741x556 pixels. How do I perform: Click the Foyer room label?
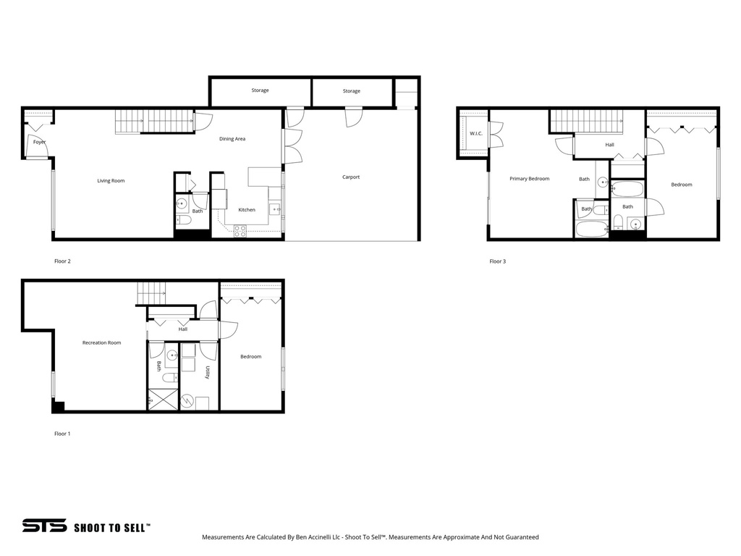click(39, 142)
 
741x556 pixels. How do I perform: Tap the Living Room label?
click(111, 180)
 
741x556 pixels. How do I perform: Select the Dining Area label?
click(232, 138)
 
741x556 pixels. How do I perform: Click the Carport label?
click(351, 177)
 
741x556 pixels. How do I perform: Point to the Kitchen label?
click(247, 210)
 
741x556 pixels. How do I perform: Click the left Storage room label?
click(260, 90)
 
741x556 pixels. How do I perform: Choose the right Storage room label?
click(351, 91)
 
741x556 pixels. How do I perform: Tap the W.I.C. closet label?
click(475, 133)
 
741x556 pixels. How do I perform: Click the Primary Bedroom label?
click(529, 178)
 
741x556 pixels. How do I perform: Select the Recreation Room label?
click(101, 342)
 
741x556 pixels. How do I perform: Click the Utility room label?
click(207, 372)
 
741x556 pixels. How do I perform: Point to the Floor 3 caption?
click(497, 261)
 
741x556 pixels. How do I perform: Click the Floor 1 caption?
click(62, 434)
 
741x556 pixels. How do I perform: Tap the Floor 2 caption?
click(62, 261)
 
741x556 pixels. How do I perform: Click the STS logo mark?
click(43, 526)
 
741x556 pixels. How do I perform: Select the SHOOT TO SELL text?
click(112, 527)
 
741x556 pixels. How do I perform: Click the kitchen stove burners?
click(240, 231)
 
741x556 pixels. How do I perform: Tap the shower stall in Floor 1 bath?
click(162, 400)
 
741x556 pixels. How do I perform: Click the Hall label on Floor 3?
click(609, 145)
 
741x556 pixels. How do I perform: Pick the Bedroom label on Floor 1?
click(250, 356)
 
